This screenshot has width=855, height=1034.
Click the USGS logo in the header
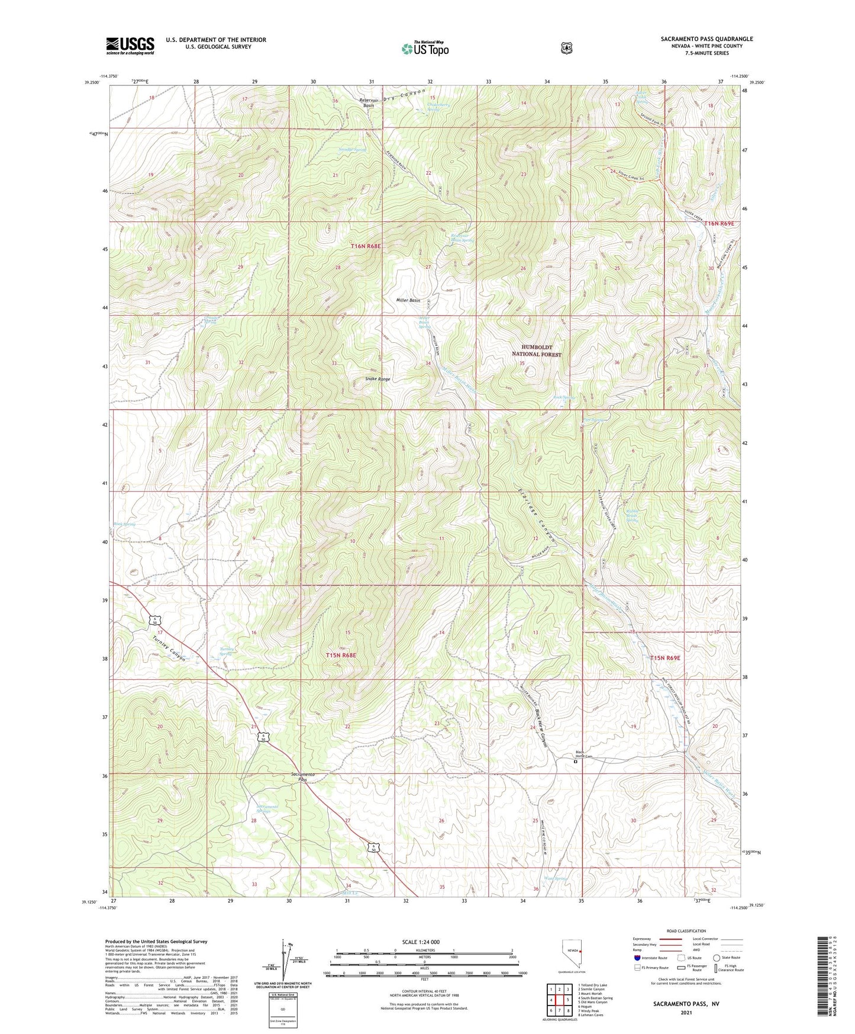(x=130, y=45)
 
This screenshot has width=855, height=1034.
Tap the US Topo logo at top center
(x=424, y=49)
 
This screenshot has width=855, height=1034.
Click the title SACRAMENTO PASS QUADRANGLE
(x=706, y=39)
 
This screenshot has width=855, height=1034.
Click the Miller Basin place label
(x=408, y=301)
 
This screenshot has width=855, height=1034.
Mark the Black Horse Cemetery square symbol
(x=575, y=762)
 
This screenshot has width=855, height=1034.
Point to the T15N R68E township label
(x=341, y=656)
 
